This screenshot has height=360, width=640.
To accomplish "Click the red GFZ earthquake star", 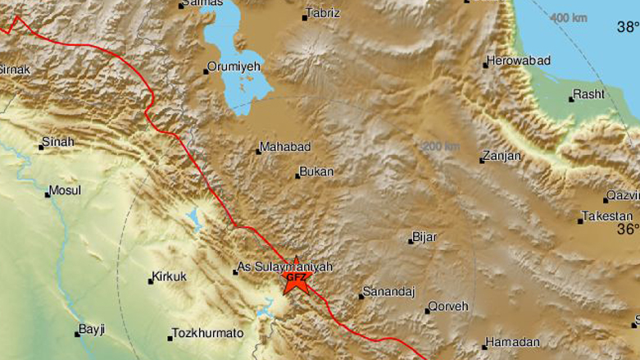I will click(x=296, y=279).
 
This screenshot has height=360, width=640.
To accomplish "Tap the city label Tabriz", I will click(x=321, y=14).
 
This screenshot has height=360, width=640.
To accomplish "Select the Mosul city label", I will click(x=66, y=190).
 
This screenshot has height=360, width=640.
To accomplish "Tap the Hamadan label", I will click(x=512, y=342).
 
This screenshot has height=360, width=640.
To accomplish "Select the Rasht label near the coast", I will click(x=588, y=94).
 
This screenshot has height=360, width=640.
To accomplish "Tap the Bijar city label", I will click(x=425, y=237).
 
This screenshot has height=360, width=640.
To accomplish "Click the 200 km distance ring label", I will click(x=441, y=146).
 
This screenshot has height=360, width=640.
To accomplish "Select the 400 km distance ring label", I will click(x=569, y=18).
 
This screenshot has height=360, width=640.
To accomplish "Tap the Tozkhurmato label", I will click(x=208, y=334).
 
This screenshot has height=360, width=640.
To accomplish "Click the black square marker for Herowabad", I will click(x=486, y=64).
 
